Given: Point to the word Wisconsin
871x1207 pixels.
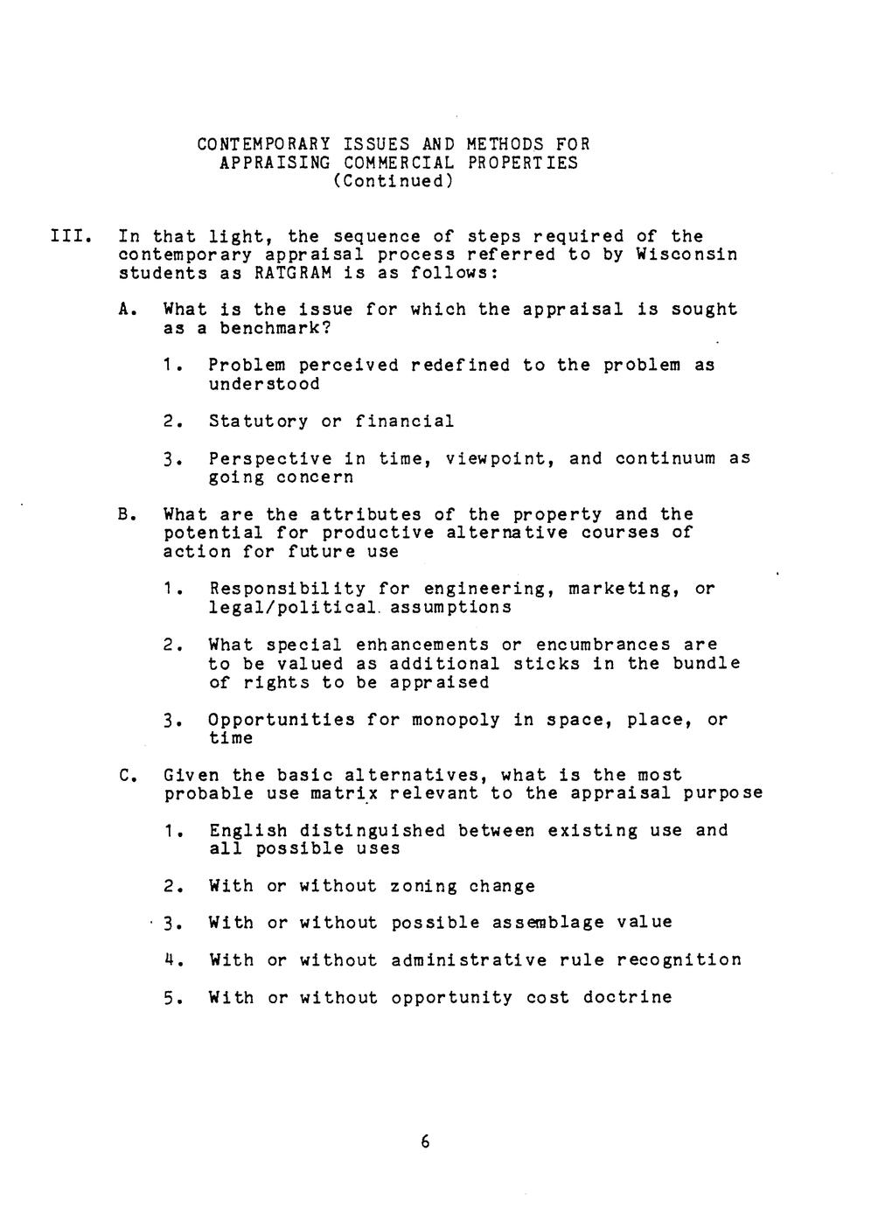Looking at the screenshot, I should click(x=686, y=255).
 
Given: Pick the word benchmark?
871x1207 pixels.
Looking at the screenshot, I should click(x=276, y=329).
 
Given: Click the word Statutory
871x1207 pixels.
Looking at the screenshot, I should click(x=258, y=422).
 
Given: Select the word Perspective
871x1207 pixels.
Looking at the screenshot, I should click(x=270, y=458).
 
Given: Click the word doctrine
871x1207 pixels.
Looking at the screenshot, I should click(x=629, y=997).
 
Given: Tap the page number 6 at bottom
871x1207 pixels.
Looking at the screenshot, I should click(x=426, y=1141).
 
